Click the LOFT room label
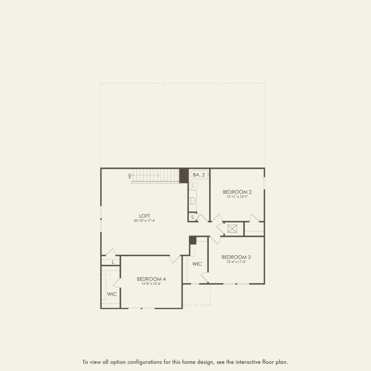tap(144, 216)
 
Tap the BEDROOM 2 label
tap(237, 192)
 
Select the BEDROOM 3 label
tap(236, 257)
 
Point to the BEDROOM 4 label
tap(151, 279)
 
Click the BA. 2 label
tap(199, 175)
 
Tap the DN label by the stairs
tap(130, 176)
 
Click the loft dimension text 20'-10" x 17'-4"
tap(144, 221)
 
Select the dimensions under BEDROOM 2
tap(237, 196)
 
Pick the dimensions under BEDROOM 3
tap(236, 262)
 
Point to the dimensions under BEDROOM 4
tap(151, 283)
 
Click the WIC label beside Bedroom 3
tap(197, 264)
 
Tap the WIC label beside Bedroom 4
tap(112, 294)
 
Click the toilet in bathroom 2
tap(195, 185)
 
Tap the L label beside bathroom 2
tap(193, 217)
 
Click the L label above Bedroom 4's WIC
tap(113, 262)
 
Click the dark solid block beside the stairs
tap(184, 176)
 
